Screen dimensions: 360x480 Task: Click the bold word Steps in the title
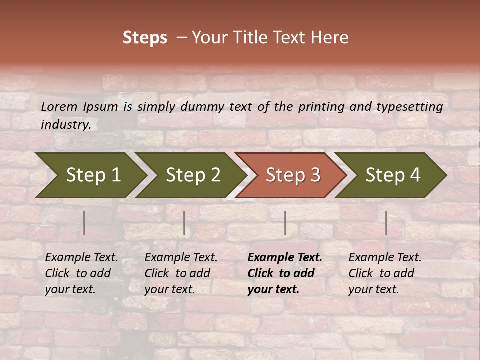tap(145, 38)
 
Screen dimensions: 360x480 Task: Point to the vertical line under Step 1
tap(84, 223)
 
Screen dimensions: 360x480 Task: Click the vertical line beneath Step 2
tap(184, 223)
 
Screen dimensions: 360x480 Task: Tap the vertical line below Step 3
tap(285, 223)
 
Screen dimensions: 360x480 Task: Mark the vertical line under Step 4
tap(386, 223)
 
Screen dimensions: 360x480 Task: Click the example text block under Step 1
tap(81, 273)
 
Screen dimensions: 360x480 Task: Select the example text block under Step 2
tap(181, 273)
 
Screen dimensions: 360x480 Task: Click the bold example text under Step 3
tap(284, 273)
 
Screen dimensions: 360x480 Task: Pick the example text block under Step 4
tap(384, 273)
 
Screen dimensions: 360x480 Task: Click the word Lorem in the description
tap(59, 107)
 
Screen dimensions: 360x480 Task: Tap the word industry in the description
tap(65, 125)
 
